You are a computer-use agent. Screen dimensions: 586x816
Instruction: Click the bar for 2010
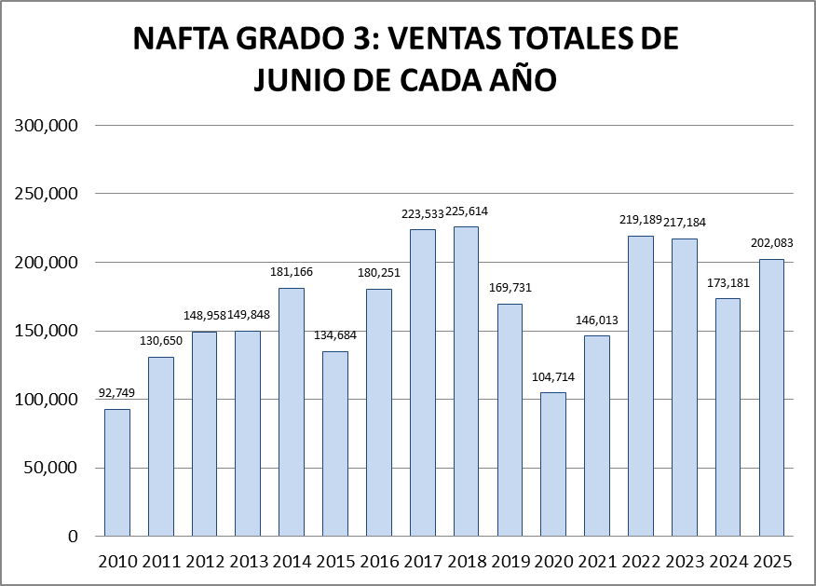tap(117, 472)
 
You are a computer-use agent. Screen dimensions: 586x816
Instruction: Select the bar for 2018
tap(466, 381)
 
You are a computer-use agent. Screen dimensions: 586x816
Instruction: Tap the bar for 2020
tap(553, 464)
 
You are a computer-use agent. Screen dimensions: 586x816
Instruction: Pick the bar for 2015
tap(335, 443)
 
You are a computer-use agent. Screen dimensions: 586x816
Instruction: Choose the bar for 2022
tap(640, 386)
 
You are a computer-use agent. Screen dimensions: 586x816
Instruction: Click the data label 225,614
tap(466, 211)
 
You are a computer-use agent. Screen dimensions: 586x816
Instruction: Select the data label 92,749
tap(117, 394)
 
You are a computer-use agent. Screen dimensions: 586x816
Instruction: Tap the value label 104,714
tap(553, 377)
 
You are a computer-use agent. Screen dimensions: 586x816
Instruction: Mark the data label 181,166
tap(292, 272)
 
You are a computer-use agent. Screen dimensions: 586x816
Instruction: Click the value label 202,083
tap(771, 244)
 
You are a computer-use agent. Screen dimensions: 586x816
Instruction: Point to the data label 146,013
tap(596, 320)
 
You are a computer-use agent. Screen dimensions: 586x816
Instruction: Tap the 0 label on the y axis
tap(73, 537)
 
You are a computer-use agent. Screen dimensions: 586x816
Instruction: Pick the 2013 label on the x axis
tap(248, 562)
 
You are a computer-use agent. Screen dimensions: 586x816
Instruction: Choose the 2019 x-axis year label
tap(510, 562)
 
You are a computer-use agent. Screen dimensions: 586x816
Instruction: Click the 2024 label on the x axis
tap(728, 562)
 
